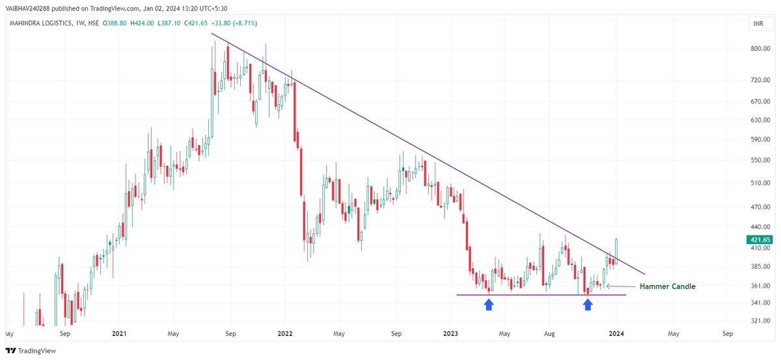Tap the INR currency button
click(x=758, y=24)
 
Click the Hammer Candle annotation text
click(x=667, y=286)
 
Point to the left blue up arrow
click(x=488, y=304)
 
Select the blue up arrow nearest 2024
click(x=588, y=304)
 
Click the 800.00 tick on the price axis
click(x=760, y=49)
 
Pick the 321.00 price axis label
click(x=760, y=321)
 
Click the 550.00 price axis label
click(x=760, y=160)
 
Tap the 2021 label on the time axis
click(x=119, y=333)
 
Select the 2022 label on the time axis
click(x=285, y=333)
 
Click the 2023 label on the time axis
click(x=451, y=333)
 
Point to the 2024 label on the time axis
click(x=617, y=333)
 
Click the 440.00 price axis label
click(x=760, y=227)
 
